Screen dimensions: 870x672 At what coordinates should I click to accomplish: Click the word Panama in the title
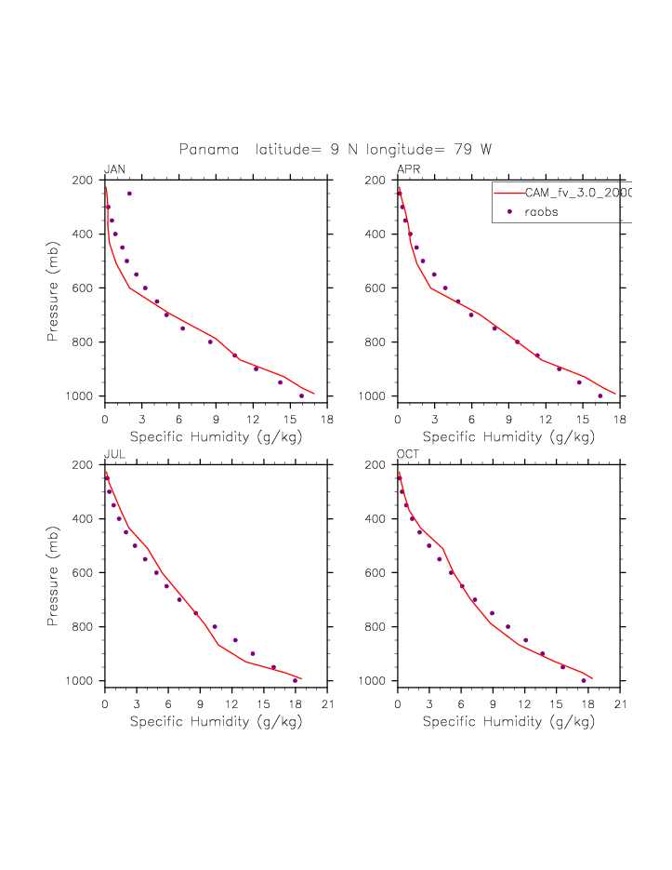coord(210,150)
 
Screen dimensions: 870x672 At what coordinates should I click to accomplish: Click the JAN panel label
coord(115,169)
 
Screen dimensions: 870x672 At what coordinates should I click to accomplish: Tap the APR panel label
coord(409,169)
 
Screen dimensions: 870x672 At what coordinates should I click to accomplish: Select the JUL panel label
coord(114,454)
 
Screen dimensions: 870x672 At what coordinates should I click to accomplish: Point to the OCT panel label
coord(409,454)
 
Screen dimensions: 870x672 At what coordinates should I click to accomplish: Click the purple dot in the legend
coord(509,212)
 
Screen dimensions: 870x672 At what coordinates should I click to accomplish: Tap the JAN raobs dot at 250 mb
coord(129,194)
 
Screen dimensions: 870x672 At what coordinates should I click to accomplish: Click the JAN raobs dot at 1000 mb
coord(301,395)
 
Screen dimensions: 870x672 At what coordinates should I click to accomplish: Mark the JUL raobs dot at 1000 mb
coord(296,680)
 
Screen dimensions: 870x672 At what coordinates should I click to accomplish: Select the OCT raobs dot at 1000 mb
coord(584,680)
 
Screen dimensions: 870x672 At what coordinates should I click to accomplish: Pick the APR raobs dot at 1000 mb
coord(600,395)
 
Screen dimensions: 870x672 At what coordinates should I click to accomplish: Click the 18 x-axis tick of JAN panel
coord(327,419)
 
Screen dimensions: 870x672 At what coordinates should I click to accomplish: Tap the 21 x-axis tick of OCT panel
coord(620,703)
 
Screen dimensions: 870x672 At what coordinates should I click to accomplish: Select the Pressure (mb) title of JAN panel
coord(53,288)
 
